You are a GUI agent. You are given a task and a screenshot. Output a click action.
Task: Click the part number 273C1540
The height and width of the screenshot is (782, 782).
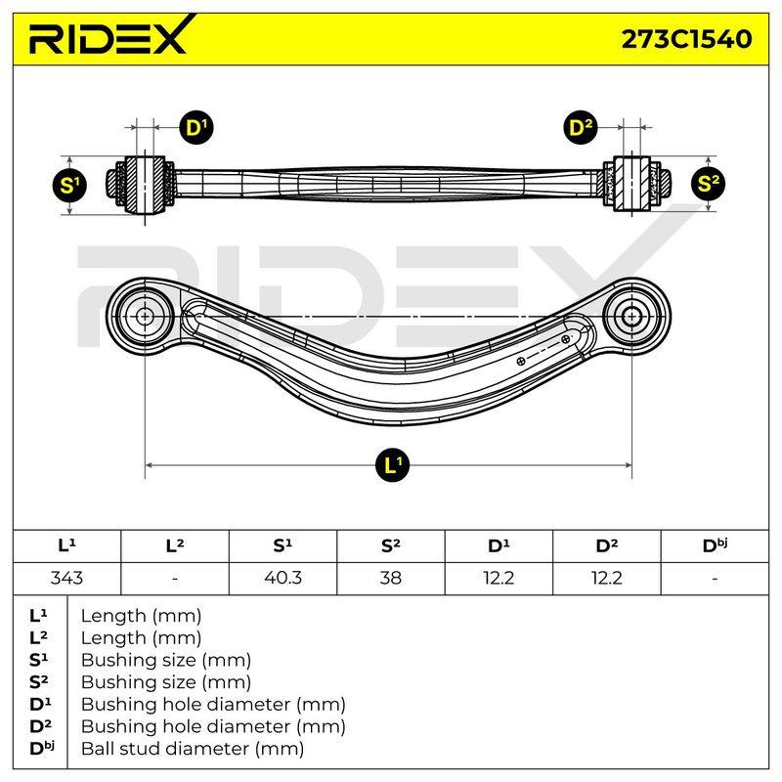point(686,39)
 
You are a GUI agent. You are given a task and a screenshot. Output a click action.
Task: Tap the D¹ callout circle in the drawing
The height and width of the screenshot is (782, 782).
point(196,128)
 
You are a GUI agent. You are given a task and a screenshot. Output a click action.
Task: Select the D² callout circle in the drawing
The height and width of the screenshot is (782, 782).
point(581,128)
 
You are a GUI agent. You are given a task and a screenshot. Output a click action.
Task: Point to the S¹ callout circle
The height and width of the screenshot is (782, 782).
point(69,185)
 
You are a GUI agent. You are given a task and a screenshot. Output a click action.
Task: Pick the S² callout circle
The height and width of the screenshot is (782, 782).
point(708,183)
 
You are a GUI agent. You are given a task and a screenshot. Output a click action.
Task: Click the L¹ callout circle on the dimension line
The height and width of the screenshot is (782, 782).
point(392,465)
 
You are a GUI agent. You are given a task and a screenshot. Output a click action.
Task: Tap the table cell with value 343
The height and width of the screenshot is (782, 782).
point(66,578)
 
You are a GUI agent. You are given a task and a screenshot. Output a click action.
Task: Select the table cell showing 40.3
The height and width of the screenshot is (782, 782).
point(282,578)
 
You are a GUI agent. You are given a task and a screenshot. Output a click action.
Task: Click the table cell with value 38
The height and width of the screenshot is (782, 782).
point(390,578)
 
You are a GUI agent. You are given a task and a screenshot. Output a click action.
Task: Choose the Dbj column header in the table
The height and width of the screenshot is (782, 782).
point(715,545)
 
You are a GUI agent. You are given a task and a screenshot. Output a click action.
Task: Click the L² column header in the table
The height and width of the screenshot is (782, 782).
point(175,545)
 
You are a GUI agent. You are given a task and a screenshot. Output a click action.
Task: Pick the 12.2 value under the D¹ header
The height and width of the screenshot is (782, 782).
point(499,578)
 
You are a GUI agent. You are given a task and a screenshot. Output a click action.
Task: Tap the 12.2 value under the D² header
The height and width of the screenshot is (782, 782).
point(606,578)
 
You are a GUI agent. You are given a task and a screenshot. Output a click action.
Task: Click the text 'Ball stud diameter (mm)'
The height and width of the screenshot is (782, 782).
point(193,749)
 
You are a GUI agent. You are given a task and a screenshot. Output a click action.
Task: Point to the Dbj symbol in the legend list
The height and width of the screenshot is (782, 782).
point(42,748)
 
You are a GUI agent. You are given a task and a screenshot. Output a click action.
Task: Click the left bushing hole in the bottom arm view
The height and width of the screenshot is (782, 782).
point(145,316)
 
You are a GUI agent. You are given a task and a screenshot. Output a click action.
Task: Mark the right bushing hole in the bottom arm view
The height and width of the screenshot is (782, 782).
point(631,316)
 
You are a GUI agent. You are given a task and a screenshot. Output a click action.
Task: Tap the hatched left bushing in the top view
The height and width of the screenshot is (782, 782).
point(145,185)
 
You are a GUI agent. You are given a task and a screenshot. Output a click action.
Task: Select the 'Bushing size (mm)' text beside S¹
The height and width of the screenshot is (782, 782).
point(166,661)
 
